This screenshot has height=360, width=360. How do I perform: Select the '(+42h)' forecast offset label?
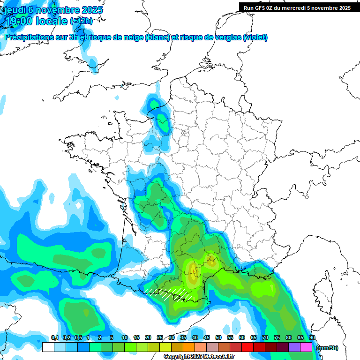[81, 21]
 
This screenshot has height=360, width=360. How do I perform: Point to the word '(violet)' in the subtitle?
[255, 37]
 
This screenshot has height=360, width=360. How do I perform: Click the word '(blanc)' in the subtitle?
[157, 37]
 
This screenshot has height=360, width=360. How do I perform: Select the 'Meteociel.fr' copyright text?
[220, 357]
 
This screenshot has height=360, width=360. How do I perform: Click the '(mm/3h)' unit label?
[327, 348]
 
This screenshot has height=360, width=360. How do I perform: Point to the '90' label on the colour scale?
[312, 338]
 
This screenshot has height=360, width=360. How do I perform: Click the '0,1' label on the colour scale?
[55, 338]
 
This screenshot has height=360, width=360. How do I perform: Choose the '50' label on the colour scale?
[218, 338]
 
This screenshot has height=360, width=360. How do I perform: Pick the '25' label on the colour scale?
[160, 338]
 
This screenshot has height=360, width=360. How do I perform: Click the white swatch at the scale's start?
[48, 347]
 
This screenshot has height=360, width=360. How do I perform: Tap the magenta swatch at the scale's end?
[306, 347]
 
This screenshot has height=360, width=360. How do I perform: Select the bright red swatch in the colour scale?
[247, 347]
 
